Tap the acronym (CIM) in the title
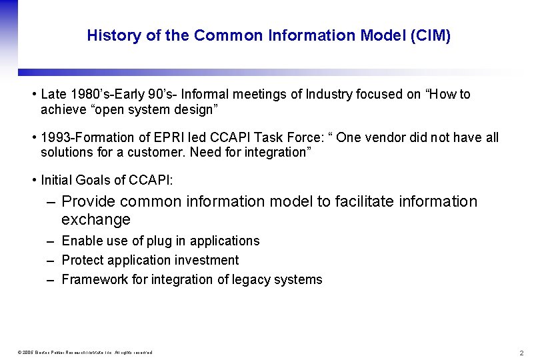431,36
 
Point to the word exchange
95,219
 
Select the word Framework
94,279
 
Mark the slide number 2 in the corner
521,353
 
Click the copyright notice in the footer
85,353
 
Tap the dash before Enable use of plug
51,241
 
